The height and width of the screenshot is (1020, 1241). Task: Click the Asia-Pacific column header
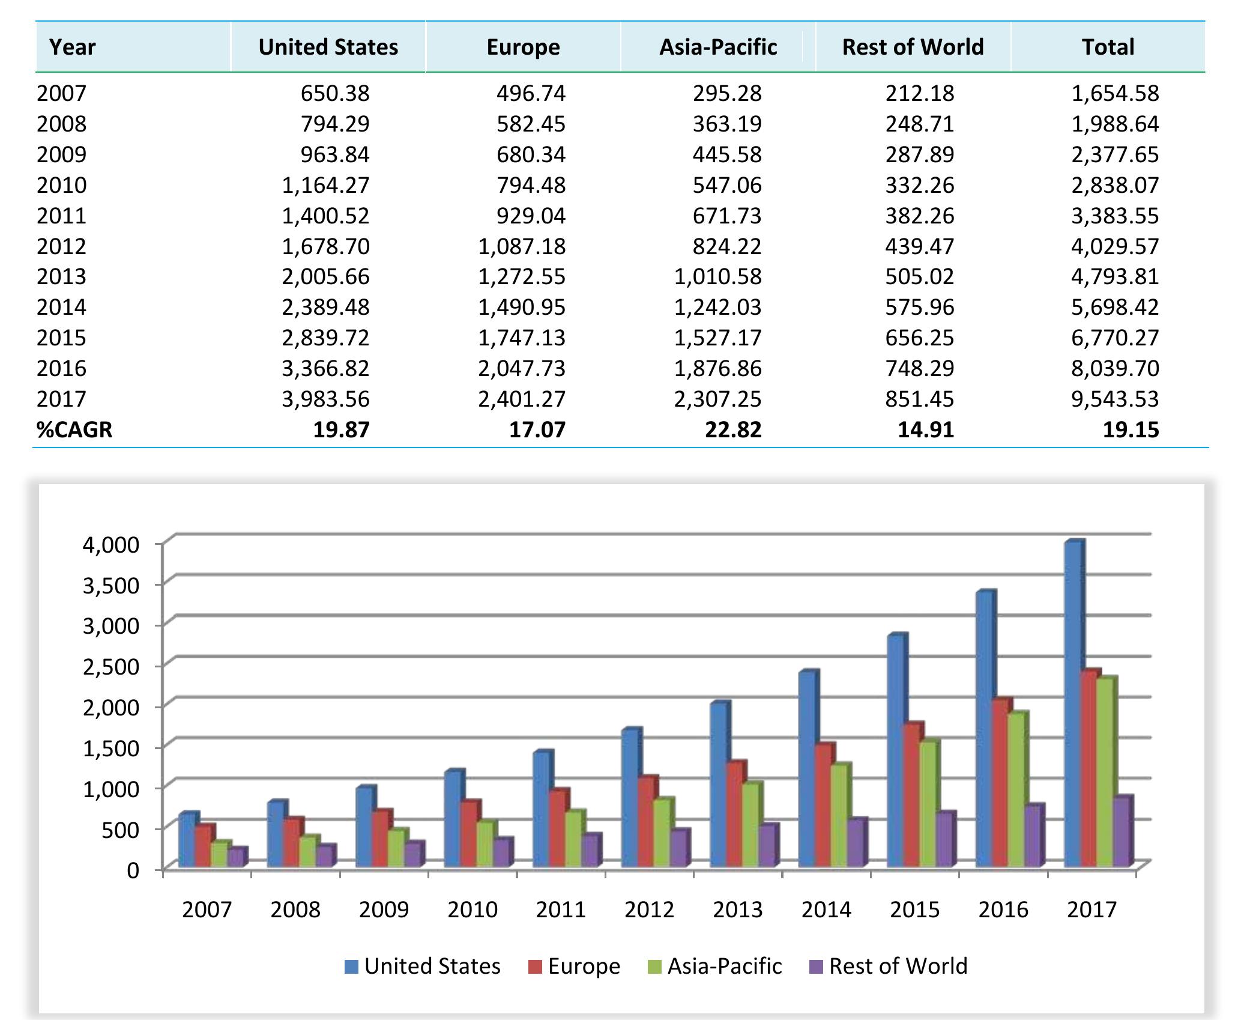(718, 47)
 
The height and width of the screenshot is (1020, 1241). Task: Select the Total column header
(1108, 47)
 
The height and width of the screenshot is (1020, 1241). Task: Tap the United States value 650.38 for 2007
(335, 93)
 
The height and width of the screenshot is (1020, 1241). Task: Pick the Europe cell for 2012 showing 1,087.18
(522, 246)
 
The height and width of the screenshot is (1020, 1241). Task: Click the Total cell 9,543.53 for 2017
(1115, 399)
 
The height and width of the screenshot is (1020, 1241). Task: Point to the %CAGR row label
(74, 430)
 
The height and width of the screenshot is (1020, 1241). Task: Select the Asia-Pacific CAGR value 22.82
(733, 430)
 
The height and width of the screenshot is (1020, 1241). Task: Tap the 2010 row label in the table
(62, 185)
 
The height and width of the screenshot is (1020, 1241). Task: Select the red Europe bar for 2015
(912, 796)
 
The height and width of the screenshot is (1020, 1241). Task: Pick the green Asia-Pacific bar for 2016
(1016, 790)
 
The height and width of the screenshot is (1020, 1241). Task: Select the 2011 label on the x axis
(561, 910)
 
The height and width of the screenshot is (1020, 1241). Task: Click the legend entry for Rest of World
(888, 967)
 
